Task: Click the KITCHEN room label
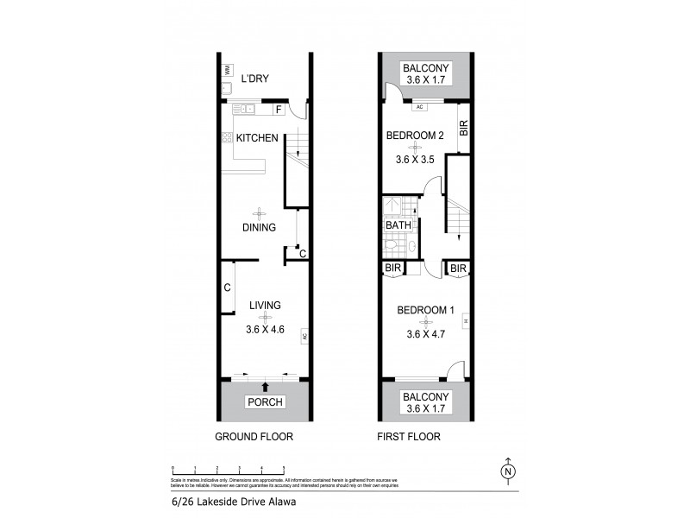pyautogui.click(x=257, y=138)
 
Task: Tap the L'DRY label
pyautogui.click(x=255, y=79)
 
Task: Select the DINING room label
pyautogui.click(x=258, y=228)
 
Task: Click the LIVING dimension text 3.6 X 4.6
pyautogui.click(x=265, y=328)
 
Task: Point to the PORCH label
pyautogui.click(x=265, y=402)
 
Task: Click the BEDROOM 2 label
pyautogui.click(x=414, y=136)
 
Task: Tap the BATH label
pyautogui.click(x=398, y=225)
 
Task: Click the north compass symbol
pyautogui.click(x=508, y=471)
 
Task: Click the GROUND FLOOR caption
pyautogui.click(x=254, y=437)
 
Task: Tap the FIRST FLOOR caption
pyautogui.click(x=409, y=437)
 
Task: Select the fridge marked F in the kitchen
pyautogui.click(x=279, y=110)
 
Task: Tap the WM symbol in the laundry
pyautogui.click(x=227, y=70)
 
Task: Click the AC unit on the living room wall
pyautogui.click(x=304, y=337)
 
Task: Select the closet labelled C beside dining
pyautogui.click(x=302, y=254)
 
